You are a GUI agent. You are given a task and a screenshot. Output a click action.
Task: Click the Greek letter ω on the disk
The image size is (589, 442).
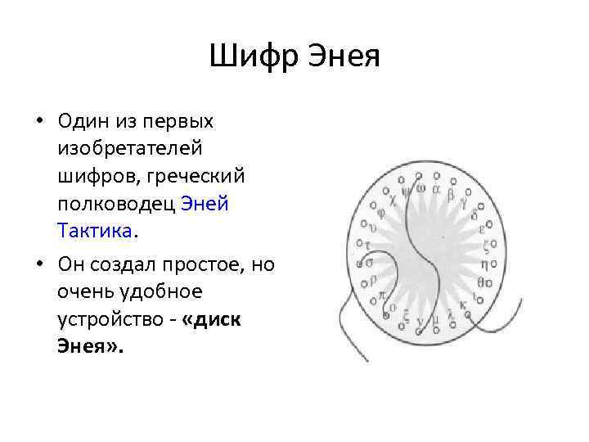click(420, 189)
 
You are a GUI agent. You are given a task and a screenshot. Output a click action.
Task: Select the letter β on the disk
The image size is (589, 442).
click(450, 195)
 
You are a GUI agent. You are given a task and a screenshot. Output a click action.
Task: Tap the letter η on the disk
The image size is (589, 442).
click(484, 264)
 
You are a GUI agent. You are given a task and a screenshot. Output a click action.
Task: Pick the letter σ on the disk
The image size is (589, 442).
click(370, 263)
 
